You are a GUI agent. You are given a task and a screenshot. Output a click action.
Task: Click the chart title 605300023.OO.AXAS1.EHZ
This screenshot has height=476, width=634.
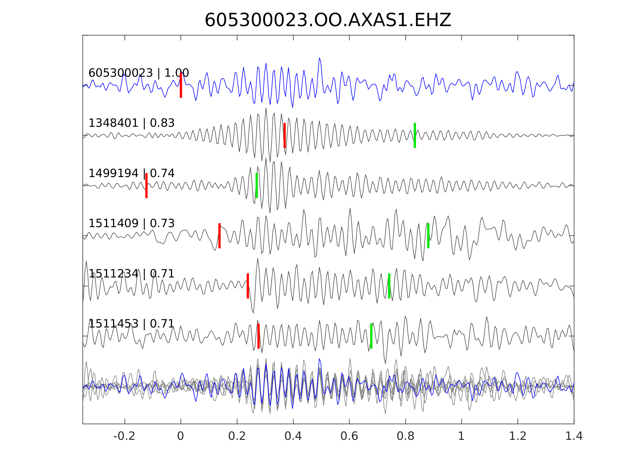point(328,20)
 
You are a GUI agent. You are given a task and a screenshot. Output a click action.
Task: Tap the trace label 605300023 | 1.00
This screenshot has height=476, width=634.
point(138,73)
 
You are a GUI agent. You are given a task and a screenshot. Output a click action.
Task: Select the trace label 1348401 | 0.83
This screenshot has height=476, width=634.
point(131,123)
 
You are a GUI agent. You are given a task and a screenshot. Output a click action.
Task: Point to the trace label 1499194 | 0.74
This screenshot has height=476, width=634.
point(131,173)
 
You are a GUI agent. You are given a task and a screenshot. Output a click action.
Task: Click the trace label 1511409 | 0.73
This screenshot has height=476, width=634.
point(131,223)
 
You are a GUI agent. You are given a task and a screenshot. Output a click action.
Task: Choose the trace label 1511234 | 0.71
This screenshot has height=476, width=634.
point(131,274)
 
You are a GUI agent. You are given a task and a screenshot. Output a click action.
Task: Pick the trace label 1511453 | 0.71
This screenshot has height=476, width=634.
point(131,324)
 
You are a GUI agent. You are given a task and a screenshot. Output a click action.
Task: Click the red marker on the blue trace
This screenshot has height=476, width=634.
point(181,85)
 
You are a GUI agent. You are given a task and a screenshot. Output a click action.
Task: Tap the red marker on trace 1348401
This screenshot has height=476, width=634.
point(285,135)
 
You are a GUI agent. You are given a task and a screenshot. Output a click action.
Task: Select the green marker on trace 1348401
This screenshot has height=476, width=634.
point(415,135)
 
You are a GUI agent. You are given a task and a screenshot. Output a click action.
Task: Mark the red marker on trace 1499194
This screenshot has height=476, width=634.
point(146,186)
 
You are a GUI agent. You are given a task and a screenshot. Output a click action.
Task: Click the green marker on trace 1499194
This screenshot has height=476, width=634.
point(257,186)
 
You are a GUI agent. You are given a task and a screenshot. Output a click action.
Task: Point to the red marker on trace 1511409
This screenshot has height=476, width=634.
point(220,236)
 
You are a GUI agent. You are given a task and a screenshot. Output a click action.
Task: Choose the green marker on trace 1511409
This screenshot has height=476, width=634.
point(428,236)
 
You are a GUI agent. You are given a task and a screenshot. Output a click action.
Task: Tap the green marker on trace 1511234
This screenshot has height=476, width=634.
point(389,286)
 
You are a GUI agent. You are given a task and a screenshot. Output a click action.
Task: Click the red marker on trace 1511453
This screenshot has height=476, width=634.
point(258,336)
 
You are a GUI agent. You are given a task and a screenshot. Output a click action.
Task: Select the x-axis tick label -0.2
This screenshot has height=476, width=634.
point(124,436)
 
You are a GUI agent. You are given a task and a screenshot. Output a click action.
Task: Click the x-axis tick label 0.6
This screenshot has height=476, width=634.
point(349,436)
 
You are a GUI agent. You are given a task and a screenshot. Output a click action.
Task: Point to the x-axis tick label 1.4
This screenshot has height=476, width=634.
point(574,436)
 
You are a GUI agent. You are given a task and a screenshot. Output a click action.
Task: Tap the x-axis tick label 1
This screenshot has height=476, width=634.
point(461,436)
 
